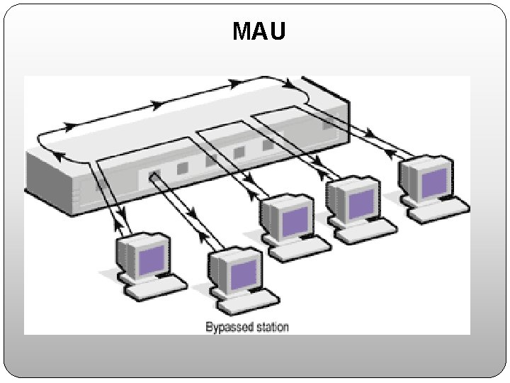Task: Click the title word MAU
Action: [x=259, y=31]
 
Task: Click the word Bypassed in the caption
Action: [x=227, y=327]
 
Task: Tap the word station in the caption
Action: [x=270, y=327]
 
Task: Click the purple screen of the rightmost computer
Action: [x=434, y=181]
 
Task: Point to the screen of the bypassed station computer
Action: [x=243, y=274]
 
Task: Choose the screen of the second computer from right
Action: [x=361, y=203]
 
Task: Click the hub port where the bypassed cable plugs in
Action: [x=152, y=176]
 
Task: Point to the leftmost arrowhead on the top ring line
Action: [x=71, y=127]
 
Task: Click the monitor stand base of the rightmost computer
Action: [x=422, y=201]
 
